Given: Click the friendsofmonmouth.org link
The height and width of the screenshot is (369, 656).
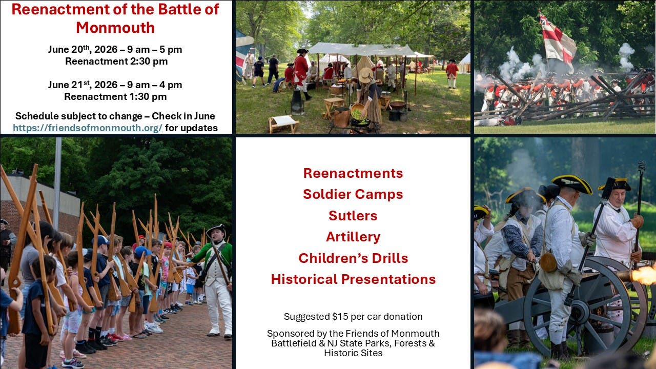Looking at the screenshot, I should coord(88,128).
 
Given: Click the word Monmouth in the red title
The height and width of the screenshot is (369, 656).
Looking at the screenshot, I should coord(115,27).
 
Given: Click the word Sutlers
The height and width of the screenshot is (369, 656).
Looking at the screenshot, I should coord(353,215).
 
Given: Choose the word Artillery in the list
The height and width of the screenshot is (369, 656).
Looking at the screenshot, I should coord(353,237).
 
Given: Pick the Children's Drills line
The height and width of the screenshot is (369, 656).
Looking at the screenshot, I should coord(353,258).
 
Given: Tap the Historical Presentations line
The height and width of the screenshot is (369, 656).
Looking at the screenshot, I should coord(353,279).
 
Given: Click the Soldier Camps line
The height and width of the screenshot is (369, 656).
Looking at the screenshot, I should coord(353,194).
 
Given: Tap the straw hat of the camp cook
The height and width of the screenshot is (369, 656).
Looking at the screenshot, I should coord(365,75).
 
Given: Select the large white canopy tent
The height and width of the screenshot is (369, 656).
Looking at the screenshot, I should coord(361,50).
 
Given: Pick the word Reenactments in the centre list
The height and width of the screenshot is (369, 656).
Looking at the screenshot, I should coord(353,173).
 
